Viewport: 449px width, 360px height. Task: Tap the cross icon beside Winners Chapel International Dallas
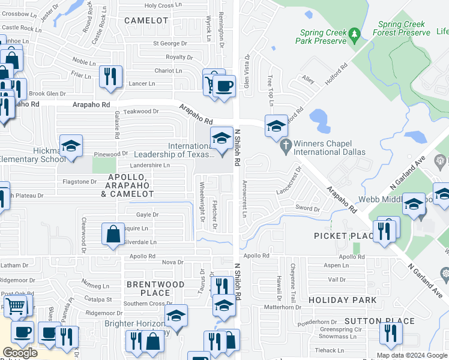pos(286,144)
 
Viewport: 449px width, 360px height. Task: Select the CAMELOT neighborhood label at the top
pos(146,20)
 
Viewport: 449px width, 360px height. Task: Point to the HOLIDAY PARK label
pos(343,299)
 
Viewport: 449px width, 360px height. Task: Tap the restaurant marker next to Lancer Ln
pos(110,76)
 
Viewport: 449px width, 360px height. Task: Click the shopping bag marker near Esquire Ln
pos(113,233)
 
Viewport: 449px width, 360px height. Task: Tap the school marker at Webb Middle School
pos(414,204)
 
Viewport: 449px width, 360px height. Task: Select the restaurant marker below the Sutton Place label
pos(390,334)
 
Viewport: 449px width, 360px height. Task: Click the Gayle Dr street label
pos(147,214)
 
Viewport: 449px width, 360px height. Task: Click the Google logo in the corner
pos(20,353)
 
